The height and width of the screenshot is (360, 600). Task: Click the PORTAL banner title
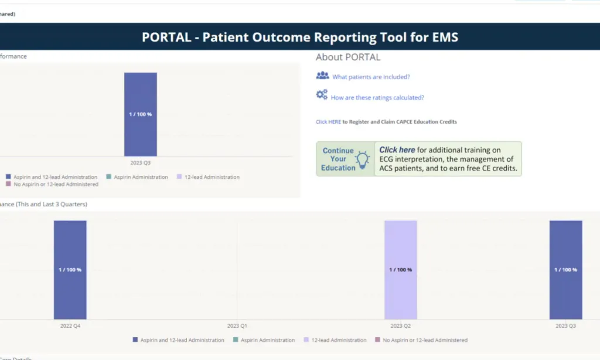coord(299,37)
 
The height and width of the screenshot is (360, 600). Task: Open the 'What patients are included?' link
coord(371,77)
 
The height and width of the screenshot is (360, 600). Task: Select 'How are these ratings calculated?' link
coord(377,98)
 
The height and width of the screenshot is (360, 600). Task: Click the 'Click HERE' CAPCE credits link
coord(328,122)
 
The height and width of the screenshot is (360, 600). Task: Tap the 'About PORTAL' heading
coord(348,57)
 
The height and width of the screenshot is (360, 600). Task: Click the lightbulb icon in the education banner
coord(363,159)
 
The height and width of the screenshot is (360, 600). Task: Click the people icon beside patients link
coord(322,76)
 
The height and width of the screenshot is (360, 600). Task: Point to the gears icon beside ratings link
coord(322,95)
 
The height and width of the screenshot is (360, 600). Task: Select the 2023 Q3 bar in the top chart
coord(141,114)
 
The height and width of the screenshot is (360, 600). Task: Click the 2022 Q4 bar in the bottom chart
coord(70,270)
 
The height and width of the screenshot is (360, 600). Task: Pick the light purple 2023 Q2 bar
coord(401,270)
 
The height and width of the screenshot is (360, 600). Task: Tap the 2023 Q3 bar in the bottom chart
coord(565,270)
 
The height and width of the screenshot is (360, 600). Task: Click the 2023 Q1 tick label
coord(237,325)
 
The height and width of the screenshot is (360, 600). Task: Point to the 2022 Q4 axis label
coord(70,325)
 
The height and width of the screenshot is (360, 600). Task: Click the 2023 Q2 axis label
coord(401,325)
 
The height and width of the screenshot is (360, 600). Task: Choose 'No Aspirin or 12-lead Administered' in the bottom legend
coord(425,340)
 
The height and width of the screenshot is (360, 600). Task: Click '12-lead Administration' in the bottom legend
coord(339,340)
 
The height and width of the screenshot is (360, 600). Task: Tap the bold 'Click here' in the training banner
coord(397,150)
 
